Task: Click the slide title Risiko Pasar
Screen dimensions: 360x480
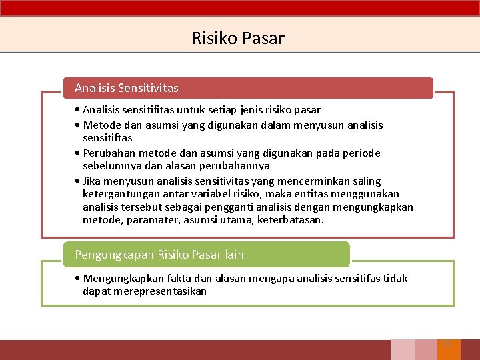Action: point(237,38)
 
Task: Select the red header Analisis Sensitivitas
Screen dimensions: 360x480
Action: point(127,88)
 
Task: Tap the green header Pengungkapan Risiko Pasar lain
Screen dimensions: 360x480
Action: point(159,255)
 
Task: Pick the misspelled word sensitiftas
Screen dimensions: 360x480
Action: point(107,138)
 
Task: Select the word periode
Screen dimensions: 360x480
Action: point(360,153)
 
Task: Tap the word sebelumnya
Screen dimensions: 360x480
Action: point(110,165)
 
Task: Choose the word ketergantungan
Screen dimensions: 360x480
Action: point(121,194)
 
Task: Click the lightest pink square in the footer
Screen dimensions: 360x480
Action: point(402,350)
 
